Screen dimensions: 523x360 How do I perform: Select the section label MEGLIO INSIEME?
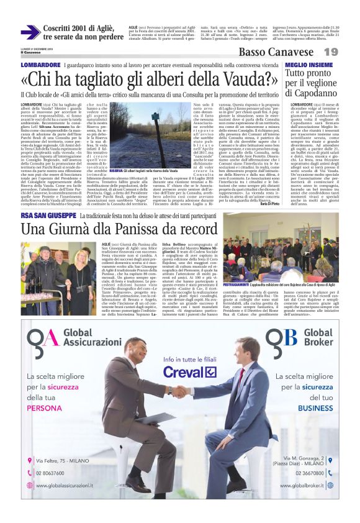coord(306,65)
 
